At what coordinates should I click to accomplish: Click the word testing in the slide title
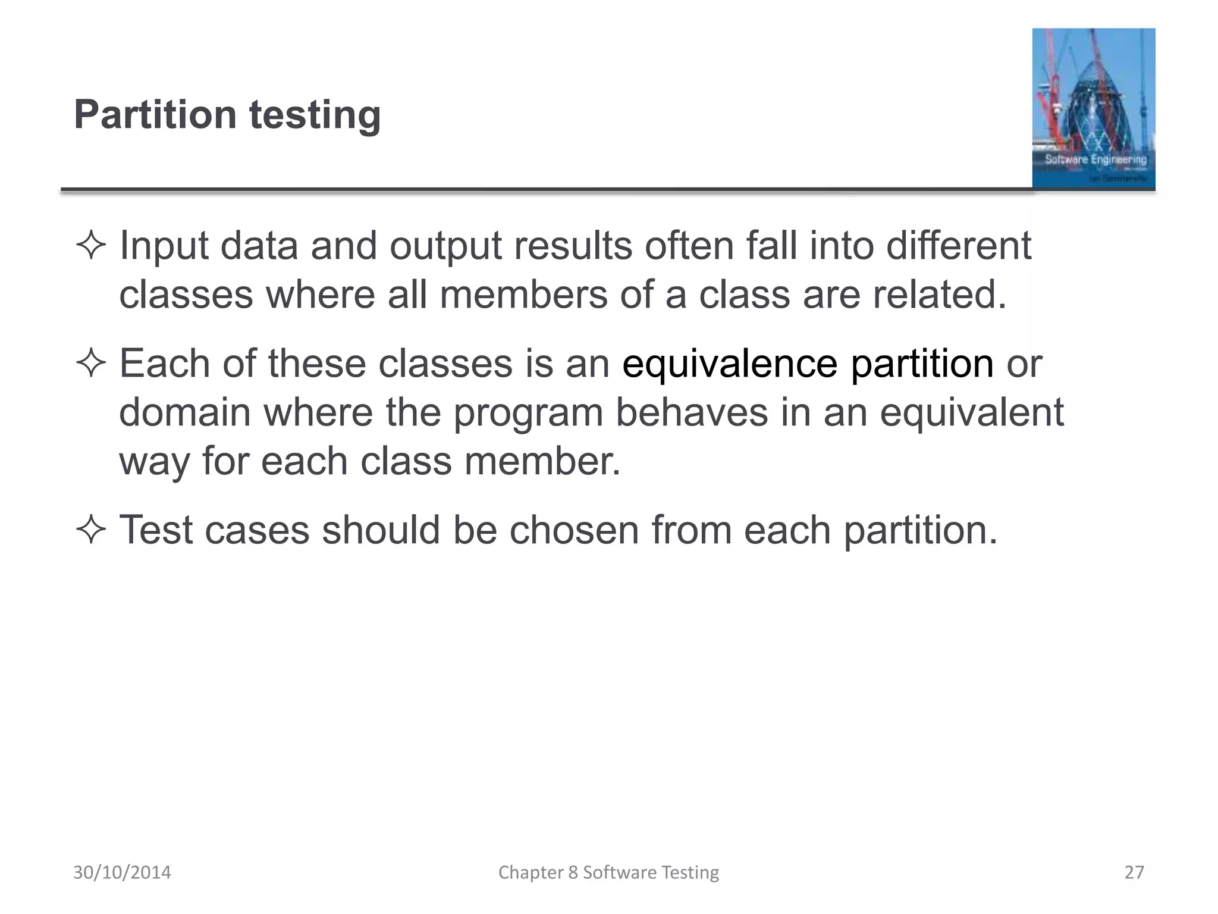(x=315, y=115)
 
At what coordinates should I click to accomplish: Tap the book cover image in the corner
(x=1093, y=108)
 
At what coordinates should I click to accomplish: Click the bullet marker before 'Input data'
(x=91, y=246)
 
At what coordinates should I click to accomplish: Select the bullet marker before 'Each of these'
(x=91, y=364)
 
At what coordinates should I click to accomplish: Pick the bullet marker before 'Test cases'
(x=91, y=530)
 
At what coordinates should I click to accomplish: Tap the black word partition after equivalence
(x=921, y=365)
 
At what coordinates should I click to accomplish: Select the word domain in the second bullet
(x=184, y=412)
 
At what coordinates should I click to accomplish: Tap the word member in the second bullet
(x=542, y=461)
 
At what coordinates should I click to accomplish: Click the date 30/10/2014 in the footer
(x=122, y=872)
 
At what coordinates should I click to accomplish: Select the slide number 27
(x=1134, y=872)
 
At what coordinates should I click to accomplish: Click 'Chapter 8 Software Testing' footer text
(x=608, y=872)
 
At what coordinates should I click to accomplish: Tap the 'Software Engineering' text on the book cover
(x=1095, y=159)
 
